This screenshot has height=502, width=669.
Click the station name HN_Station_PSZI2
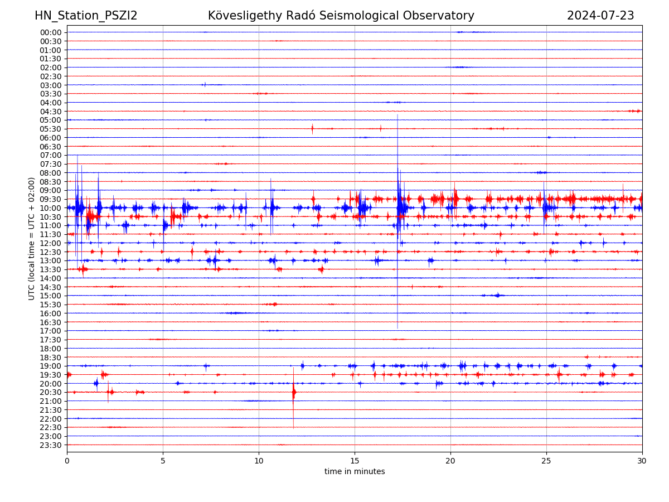coord(86,16)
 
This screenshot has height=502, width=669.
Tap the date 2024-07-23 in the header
coord(600,16)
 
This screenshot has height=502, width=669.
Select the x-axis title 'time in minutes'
coord(355,472)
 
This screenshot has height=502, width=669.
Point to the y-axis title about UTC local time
coord(32,239)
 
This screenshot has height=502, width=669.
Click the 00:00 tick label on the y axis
coord(50,32)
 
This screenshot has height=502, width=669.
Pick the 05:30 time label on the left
coord(50,129)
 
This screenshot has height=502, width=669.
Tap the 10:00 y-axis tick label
coord(50,208)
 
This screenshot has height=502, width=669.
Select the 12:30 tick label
coord(50,252)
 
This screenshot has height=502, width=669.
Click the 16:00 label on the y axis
coord(50,313)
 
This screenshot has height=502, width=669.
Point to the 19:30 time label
coord(50,375)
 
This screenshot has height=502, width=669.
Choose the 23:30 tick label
coord(50,445)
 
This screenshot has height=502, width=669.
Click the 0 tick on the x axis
coord(67,461)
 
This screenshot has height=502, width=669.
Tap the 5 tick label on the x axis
coord(163,461)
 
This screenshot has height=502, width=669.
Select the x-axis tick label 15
coord(355,461)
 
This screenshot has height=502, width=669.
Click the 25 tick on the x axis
coord(546,461)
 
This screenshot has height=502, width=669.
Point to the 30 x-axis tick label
coord(642,461)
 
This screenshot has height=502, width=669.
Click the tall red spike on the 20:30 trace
coord(294,393)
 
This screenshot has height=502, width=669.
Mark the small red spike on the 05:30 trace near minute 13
coord(312,129)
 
